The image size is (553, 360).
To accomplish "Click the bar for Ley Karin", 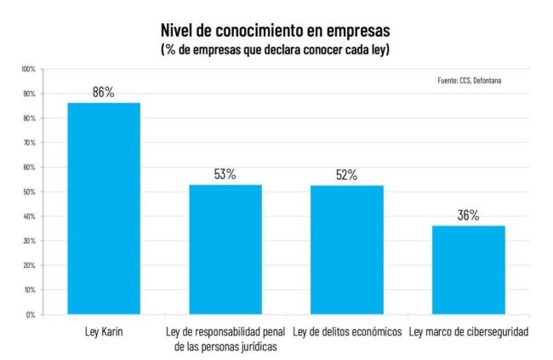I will [x=104, y=209].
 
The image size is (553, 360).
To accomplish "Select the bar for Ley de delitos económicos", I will [x=346, y=249].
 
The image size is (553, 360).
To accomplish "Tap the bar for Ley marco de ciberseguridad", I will [x=468, y=270].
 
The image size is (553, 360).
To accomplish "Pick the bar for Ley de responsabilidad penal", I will [x=225, y=249].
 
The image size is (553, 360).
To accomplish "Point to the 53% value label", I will [x=225, y=174].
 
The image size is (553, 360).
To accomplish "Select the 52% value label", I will [x=346, y=176].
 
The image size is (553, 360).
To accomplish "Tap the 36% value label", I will [x=468, y=215].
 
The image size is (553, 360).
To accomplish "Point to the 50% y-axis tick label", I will [x=29, y=192].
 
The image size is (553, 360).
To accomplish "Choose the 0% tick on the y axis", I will [x=31, y=315].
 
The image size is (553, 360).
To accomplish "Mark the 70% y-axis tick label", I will [x=29, y=143].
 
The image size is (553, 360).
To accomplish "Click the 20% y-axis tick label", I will [x=29, y=266].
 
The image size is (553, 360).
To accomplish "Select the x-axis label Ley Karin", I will [x=105, y=331].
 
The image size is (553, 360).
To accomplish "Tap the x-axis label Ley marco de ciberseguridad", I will [x=469, y=331].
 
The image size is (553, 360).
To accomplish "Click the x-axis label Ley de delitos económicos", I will [x=346, y=331].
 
